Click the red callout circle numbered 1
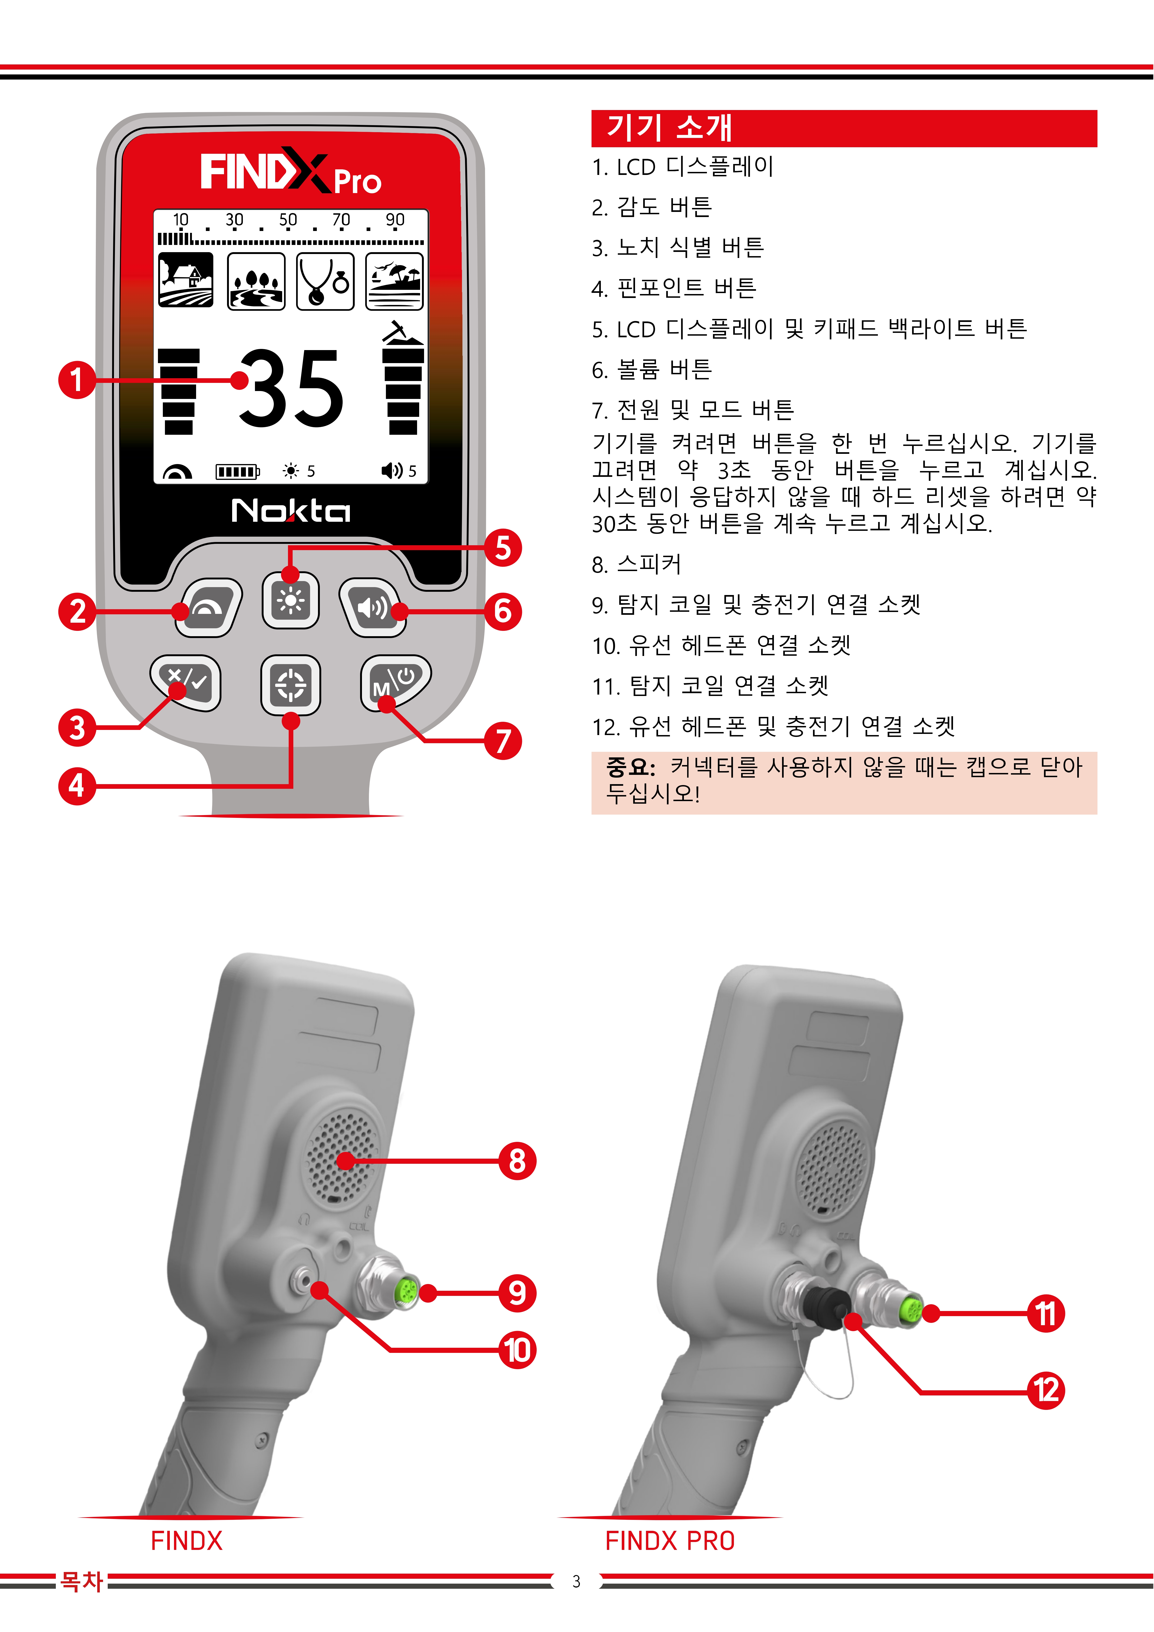click(x=77, y=380)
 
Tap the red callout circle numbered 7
click(x=503, y=741)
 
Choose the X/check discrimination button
click(x=186, y=682)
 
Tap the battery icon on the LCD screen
click(x=237, y=471)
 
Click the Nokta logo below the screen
click(x=291, y=510)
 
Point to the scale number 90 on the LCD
click(x=395, y=220)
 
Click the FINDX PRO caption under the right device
click(x=670, y=1541)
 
